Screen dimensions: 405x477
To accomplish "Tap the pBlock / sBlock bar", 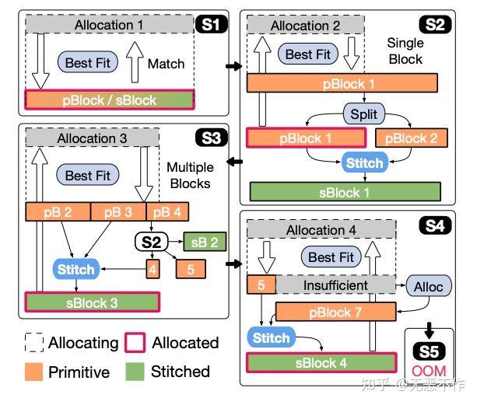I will [x=110, y=100].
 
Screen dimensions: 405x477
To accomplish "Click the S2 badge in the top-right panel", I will [x=434, y=25].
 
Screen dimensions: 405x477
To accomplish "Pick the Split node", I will [x=363, y=114].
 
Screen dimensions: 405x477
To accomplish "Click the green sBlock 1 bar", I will [x=345, y=191].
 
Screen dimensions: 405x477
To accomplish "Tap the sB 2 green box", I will [x=205, y=242].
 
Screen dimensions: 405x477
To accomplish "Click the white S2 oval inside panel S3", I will [x=152, y=242].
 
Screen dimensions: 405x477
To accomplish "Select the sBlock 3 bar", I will [x=92, y=302].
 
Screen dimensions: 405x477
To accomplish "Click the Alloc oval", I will [x=429, y=286].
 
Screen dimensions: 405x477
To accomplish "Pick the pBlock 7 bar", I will [x=330, y=312].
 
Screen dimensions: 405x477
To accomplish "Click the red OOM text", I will [x=430, y=372].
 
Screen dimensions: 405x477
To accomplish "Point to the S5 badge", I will [x=430, y=350].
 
